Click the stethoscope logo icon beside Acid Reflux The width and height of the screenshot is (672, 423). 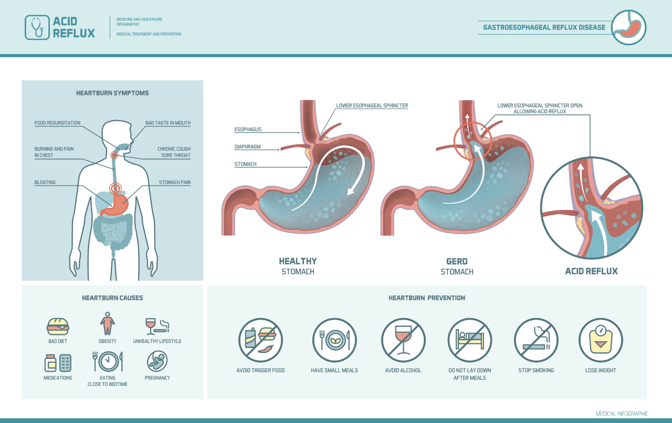coord(37,28)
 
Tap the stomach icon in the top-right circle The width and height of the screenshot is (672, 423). coord(629,27)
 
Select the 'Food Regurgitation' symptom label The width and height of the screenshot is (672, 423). coord(57,123)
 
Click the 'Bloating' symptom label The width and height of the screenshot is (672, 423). coord(45,183)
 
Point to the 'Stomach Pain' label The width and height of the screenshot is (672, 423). coord(175,183)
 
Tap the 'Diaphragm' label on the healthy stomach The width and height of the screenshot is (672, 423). coord(247,147)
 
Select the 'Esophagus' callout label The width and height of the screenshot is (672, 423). coord(248,129)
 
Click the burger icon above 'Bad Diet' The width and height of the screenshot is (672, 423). coord(58,326)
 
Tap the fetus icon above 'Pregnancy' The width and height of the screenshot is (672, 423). coord(157,362)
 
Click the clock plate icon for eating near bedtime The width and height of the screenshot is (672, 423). coord(108,361)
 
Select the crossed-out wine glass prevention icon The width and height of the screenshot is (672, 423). coord(403,340)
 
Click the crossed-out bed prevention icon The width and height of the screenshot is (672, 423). coord(470,340)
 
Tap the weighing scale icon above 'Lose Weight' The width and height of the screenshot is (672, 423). coord(601,340)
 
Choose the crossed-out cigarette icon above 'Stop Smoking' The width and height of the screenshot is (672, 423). coord(536,340)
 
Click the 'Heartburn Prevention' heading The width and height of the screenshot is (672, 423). coord(427,298)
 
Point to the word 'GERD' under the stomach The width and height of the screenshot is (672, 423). coord(457,261)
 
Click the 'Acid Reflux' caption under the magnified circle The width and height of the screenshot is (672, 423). coord(591,271)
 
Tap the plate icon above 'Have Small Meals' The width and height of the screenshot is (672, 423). coord(334,340)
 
